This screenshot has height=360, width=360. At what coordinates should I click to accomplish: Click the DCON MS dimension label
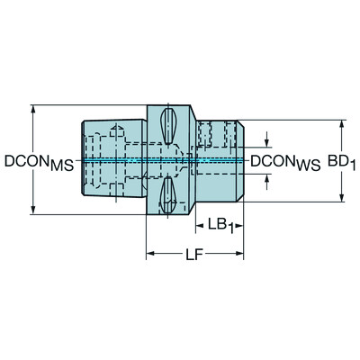38,162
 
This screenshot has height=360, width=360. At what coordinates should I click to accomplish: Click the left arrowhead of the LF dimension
150,256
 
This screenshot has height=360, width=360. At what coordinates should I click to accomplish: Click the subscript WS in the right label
308,166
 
